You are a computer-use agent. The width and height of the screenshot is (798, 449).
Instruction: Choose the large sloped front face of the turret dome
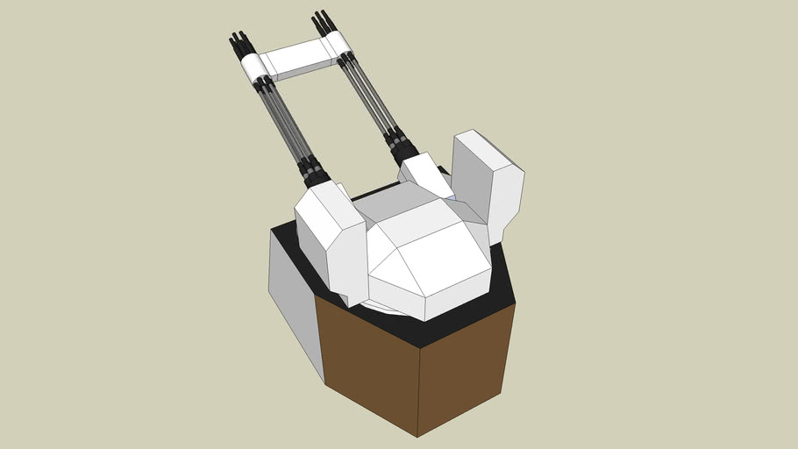(x=443, y=263)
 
